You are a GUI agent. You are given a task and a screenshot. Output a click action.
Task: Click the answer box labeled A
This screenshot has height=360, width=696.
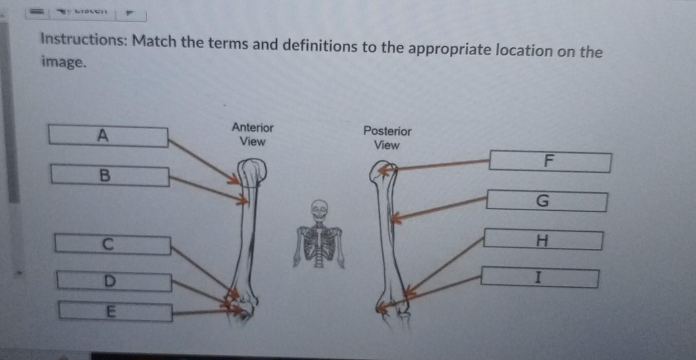pyautogui.click(x=108, y=136)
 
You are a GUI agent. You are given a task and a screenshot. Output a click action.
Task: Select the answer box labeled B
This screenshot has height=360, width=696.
pyautogui.click(x=110, y=176)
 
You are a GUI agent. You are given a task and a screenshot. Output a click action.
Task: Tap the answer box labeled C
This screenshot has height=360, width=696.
pyautogui.click(x=113, y=245)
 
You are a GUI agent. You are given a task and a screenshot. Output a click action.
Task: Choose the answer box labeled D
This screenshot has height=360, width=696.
pyautogui.click(x=114, y=282)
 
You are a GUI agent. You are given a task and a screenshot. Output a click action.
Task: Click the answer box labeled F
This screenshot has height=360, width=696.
pyautogui.click(x=550, y=162)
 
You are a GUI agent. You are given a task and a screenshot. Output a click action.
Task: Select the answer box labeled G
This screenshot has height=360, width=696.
pyautogui.click(x=546, y=201)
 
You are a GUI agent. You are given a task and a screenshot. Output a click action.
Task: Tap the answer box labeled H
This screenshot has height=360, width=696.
pyautogui.click(x=543, y=240)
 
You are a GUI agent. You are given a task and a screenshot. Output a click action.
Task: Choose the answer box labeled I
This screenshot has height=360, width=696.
pyautogui.click(x=539, y=278)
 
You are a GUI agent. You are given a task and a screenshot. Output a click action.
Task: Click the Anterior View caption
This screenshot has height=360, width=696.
pyautogui.click(x=252, y=134)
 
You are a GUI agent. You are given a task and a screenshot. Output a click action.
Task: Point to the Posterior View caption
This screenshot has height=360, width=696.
pyautogui.click(x=387, y=138)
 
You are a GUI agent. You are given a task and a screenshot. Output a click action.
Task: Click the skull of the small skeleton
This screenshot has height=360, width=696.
pyautogui.click(x=319, y=210)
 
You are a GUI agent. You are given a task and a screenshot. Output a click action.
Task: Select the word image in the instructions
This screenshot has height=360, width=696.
pyautogui.click(x=62, y=63)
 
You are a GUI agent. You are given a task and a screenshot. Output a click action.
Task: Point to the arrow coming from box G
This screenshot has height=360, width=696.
pyautogui.click(x=438, y=208)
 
